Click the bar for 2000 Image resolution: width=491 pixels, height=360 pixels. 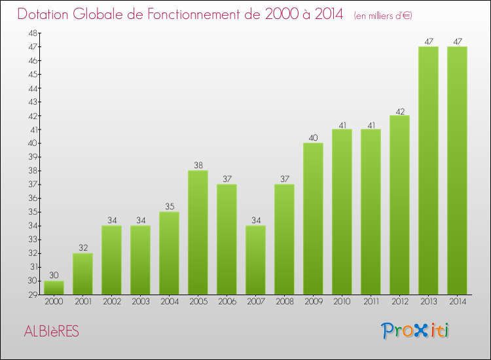[x=54, y=287]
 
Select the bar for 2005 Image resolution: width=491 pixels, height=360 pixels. [x=198, y=232]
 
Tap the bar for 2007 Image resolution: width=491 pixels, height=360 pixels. [x=255, y=260]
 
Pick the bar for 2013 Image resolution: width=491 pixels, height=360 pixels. [x=428, y=170]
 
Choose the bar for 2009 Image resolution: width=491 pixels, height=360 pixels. [x=313, y=219]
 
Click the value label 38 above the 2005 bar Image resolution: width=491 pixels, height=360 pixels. [x=198, y=165]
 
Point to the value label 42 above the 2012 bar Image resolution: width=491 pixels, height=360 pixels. [x=399, y=110]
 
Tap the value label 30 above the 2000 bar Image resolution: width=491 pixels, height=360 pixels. [x=54, y=275]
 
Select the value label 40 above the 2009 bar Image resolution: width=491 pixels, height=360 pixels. [x=313, y=137]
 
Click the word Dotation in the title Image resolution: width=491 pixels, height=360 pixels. [x=45, y=15]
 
